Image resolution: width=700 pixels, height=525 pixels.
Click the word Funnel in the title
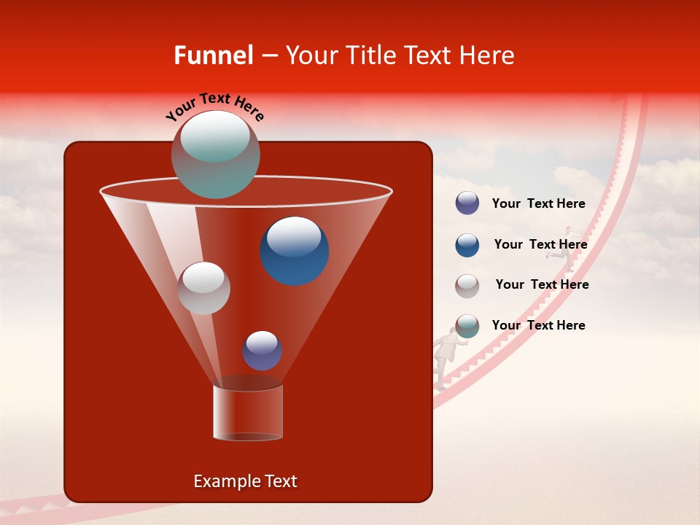click(213, 55)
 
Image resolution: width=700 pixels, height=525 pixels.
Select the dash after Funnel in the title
click(268, 56)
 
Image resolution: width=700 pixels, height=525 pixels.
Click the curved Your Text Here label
click(215, 106)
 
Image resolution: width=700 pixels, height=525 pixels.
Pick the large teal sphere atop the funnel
click(215, 154)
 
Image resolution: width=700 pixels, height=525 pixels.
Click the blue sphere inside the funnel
click(294, 251)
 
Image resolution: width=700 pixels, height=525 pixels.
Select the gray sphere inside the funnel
click(203, 288)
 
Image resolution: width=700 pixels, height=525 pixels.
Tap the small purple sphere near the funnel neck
click(262, 351)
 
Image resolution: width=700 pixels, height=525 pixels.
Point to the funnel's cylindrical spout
click(247, 413)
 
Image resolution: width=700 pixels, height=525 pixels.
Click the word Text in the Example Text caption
click(280, 481)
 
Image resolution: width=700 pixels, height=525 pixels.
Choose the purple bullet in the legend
click(467, 203)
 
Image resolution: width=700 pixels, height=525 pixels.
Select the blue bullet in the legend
click(467, 245)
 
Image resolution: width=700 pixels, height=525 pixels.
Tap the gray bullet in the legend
click(467, 285)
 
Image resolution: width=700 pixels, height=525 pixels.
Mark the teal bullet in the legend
click(467, 326)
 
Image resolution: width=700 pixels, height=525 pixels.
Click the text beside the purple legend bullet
click(538, 204)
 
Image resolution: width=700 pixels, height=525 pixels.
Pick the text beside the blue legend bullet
click(540, 245)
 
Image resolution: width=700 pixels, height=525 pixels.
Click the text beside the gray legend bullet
click(542, 285)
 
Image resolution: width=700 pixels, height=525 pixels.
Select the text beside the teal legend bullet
click(538, 326)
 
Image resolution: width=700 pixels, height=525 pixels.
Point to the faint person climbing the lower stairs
click(446, 354)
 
